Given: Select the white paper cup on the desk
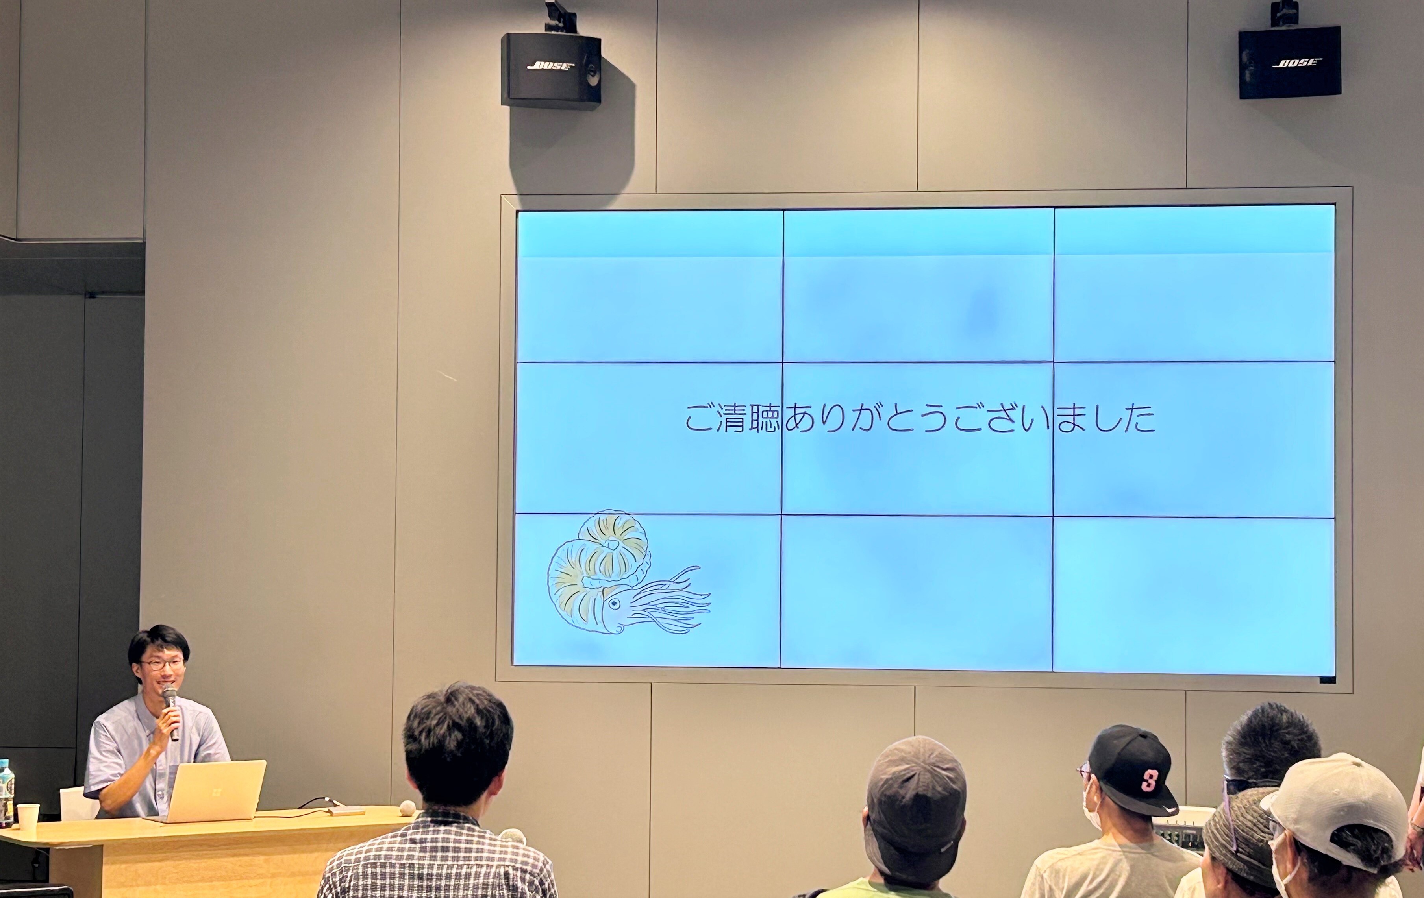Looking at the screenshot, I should [x=27, y=816].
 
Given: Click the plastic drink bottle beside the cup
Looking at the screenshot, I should [x=6, y=792].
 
